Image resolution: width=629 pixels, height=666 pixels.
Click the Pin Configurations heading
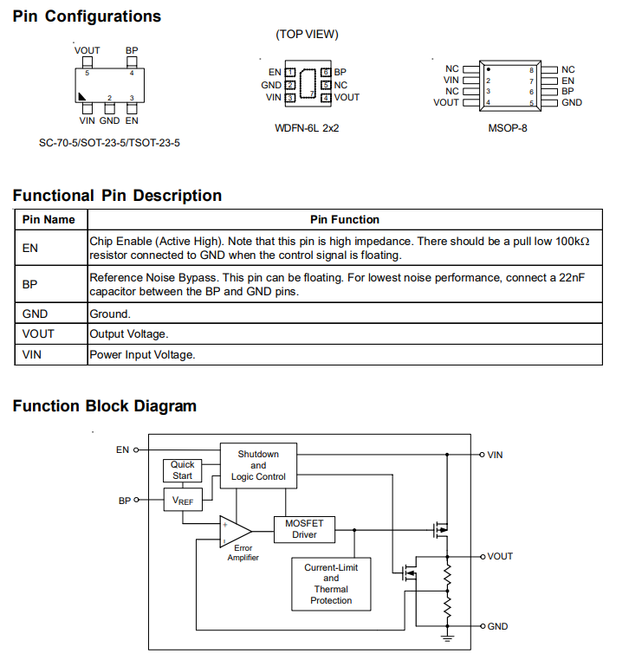pos(87,16)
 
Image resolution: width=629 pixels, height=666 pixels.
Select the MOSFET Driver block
pos(304,529)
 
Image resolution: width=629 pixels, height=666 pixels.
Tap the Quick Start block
pos(182,470)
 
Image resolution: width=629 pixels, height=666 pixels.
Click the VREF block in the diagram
pos(182,501)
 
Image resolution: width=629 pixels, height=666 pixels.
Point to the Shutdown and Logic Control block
pos(258,465)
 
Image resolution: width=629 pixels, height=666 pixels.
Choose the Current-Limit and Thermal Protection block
pos(331,584)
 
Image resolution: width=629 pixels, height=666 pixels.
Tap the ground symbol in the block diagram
pos(448,638)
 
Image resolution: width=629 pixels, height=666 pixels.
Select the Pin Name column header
pos(49,220)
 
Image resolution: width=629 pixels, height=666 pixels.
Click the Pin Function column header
pos(344,220)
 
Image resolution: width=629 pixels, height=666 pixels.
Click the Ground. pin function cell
pos(110,314)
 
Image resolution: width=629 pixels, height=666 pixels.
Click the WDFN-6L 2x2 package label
pos(307,128)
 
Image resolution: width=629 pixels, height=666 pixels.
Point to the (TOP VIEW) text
pos(307,35)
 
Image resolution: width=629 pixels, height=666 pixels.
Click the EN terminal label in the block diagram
pos(122,449)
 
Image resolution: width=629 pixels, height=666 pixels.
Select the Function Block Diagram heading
pos(104,406)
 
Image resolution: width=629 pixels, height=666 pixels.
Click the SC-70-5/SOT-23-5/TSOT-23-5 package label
pos(109,142)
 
